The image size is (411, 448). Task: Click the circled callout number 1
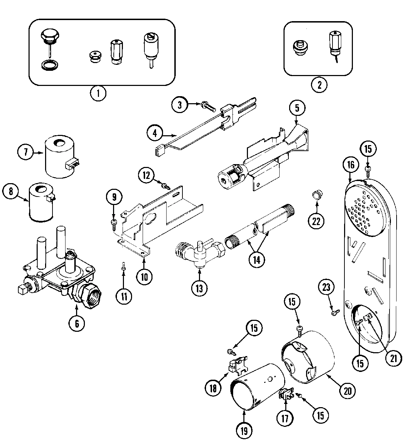(98, 93)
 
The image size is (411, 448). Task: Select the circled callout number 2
(319, 85)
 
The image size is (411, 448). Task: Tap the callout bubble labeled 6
(76, 322)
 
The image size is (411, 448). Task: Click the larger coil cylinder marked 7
(59, 157)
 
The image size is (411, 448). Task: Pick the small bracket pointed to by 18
(236, 365)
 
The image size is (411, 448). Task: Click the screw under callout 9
(114, 222)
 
